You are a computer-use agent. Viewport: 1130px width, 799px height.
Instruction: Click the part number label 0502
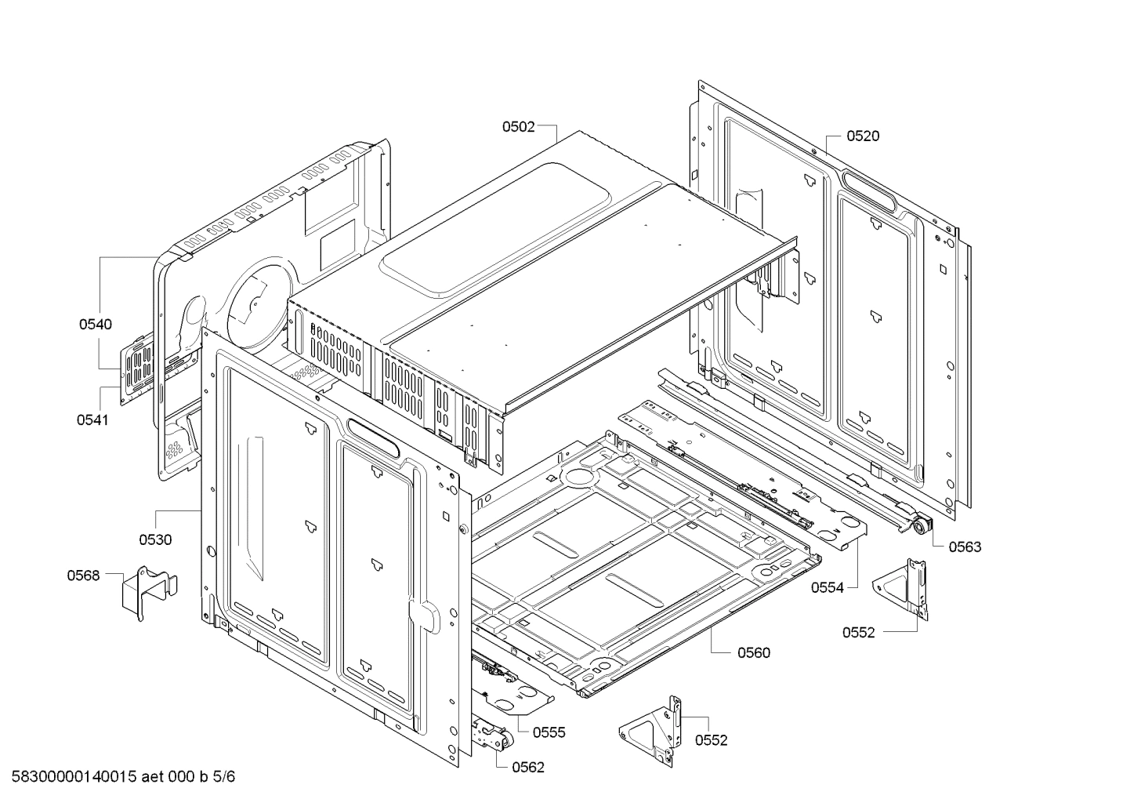(518, 126)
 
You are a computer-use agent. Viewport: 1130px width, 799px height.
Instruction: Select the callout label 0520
(863, 136)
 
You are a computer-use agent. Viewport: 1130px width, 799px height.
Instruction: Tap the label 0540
(95, 325)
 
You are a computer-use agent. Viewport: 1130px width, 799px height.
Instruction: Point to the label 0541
(92, 419)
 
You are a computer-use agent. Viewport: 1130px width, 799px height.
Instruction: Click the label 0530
(155, 539)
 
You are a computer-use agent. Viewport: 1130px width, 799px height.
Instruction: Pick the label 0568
(83, 576)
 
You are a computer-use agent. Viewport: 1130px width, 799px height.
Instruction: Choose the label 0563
(965, 547)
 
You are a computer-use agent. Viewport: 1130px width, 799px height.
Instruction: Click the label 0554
(828, 587)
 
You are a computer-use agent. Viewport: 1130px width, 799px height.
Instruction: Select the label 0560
(753, 652)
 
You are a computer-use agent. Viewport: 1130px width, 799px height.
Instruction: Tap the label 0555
(549, 732)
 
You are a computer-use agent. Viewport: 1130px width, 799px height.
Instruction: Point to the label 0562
(527, 768)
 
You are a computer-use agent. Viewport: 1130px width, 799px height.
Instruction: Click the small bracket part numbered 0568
(147, 591)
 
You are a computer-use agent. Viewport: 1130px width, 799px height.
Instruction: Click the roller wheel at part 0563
(918, 528)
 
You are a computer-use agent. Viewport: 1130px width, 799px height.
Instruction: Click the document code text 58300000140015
(74, 778)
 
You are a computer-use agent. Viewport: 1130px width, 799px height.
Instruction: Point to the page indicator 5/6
(223, 778)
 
